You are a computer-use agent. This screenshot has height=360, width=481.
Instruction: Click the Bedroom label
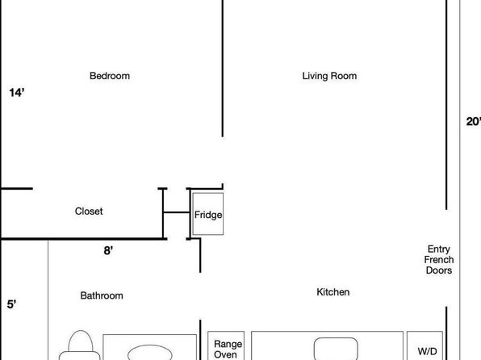[110, 76]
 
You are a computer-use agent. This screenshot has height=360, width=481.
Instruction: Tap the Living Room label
[329, 76]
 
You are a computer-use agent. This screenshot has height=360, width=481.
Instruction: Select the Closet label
[89, 211]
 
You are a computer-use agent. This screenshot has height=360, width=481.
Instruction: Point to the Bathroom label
[102, 295]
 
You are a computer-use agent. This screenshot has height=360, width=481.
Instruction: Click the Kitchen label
[333, 292]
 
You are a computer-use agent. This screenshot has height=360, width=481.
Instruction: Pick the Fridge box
[208, 214]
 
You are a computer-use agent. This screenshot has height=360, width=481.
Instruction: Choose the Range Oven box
[226, 345]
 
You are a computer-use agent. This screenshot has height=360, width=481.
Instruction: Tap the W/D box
[425, 345]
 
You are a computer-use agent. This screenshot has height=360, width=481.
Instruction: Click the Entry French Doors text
[439, 260]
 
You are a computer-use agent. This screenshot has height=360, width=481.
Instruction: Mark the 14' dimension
[17, 92]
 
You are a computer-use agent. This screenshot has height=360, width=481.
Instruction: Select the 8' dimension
[108, 251]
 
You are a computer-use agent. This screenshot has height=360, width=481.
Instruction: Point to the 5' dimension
[11, 304]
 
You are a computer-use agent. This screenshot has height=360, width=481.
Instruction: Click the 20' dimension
[473, 122]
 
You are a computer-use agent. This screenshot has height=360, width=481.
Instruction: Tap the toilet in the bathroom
[80, 345]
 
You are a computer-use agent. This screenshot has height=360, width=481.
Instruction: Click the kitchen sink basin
[337, 349]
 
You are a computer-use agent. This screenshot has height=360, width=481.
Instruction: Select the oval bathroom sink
[149, 352]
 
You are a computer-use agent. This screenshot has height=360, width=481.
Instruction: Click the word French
[439, 260]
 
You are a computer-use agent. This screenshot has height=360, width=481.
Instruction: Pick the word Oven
[225, 354]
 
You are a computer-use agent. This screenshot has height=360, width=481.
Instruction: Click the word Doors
[439, 270]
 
